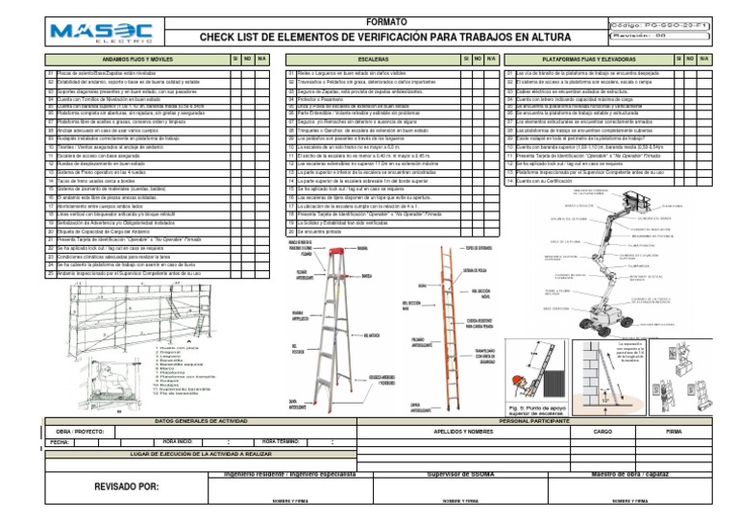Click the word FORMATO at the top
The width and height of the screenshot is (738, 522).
[x=367, y=20]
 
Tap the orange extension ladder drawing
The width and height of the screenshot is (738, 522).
[x=431, y=317]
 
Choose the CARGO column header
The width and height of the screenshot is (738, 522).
[x=603, y=432]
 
